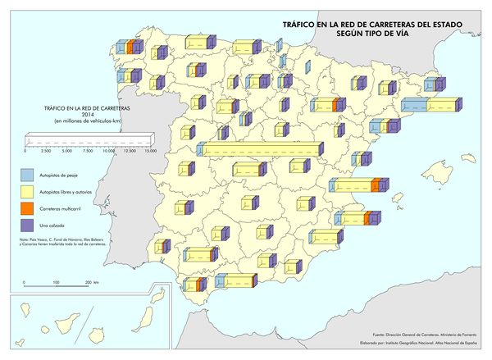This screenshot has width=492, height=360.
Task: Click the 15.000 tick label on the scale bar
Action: click(151, 152)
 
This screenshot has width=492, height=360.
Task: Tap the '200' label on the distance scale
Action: click(88, 282)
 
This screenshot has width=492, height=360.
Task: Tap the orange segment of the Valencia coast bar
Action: click(376, 185)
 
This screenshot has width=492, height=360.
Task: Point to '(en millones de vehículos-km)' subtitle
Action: click(88, 121)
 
